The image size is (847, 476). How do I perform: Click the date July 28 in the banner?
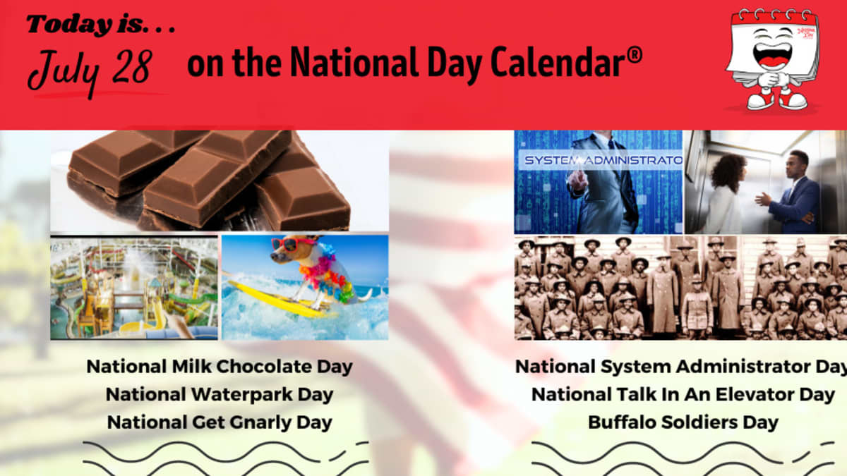(x=90, y=73)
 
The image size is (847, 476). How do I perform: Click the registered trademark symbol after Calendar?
(x=635, y=55)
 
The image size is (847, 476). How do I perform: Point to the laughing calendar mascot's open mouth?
(x=772, y=56)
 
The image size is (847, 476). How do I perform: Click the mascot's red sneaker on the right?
(x=793, y=100)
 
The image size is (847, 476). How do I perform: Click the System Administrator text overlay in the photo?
(x=603, y=160)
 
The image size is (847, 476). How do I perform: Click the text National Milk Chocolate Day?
(x=220, y=367)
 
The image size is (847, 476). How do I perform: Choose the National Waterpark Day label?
(x=220, y=394)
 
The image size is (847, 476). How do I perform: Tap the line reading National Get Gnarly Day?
(x=220, y=422)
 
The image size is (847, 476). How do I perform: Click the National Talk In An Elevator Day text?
(x=683, y=394)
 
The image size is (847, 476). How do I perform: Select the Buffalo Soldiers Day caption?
(x=683, y=422)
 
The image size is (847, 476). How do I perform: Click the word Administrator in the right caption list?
(x=743, y=367)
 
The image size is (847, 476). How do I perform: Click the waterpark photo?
(x=134, y=288)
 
